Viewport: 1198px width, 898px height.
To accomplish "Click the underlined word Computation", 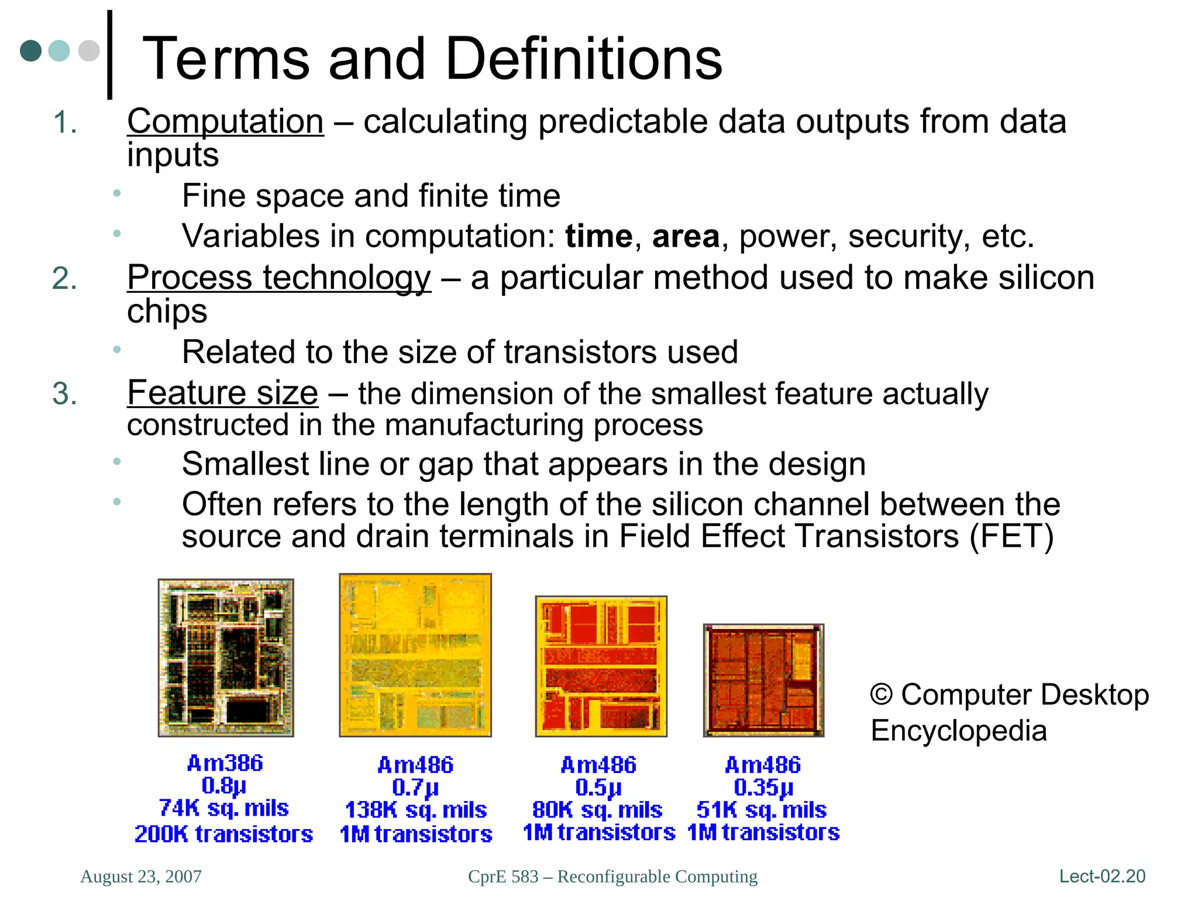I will pos(225,122).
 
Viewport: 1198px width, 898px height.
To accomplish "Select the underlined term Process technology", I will pos(279,278).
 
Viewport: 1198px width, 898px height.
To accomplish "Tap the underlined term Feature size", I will pos(222,393).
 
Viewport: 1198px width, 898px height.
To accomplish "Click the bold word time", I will pos(598,237).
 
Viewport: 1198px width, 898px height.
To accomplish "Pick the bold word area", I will pos(686,237).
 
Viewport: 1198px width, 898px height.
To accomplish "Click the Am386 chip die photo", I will pos(226,658).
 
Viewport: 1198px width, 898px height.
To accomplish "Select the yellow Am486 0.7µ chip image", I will pos(415,655).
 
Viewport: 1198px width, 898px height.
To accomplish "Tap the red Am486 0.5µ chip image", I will pos(601,666).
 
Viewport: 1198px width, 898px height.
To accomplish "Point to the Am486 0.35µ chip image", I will pos(763,681).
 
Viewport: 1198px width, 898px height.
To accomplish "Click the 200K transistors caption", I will pos(223,834).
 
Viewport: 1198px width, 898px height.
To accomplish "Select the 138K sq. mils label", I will pos(416,810).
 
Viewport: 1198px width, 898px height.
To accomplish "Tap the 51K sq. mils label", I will pos(762,810).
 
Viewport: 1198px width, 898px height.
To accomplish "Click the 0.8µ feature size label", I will pos(223,786).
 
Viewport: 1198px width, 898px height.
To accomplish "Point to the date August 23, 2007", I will pos(141,876).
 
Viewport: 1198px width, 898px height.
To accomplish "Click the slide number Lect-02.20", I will pos(1102,876).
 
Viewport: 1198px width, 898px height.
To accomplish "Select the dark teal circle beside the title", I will pos(31,51).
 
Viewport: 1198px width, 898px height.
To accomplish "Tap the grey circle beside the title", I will pos(89,51).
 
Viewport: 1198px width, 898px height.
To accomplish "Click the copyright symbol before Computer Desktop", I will pos(881,695).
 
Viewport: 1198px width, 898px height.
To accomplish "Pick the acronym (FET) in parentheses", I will pos(1011,536).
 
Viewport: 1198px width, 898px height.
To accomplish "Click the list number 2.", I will pos(64,278).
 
